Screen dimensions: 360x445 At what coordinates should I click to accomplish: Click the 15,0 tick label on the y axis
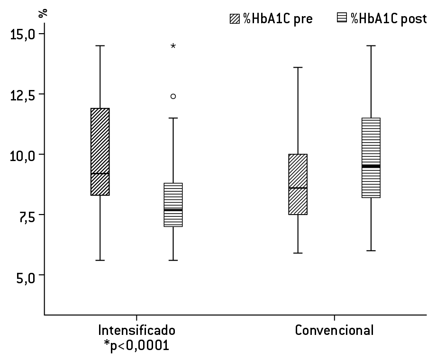[22, 34]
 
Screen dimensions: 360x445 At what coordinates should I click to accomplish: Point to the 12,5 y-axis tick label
[22, 94]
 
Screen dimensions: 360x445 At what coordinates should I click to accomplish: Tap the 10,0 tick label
[22, 155]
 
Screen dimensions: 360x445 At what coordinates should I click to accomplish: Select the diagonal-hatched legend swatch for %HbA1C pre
[235, 18]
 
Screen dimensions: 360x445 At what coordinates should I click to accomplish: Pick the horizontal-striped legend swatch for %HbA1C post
[342, 18]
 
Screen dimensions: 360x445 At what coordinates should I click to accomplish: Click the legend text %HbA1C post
[389, 18]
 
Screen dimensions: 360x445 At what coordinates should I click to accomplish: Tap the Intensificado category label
[136, 330]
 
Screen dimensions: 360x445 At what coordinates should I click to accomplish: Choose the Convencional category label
[334, 330]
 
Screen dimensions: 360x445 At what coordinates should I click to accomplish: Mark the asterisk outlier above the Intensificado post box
[173, 46]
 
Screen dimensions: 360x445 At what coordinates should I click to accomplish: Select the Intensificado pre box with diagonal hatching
[100, 152]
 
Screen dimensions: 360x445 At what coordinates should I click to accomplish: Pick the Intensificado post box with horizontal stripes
[173, 205]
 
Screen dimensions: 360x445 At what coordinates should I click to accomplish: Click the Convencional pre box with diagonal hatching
[298, 184]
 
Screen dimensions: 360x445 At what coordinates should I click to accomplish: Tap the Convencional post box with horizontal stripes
[371, 158]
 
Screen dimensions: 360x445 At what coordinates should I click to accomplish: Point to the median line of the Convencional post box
[371, 166]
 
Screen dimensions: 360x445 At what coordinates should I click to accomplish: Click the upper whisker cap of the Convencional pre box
[298, 67]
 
